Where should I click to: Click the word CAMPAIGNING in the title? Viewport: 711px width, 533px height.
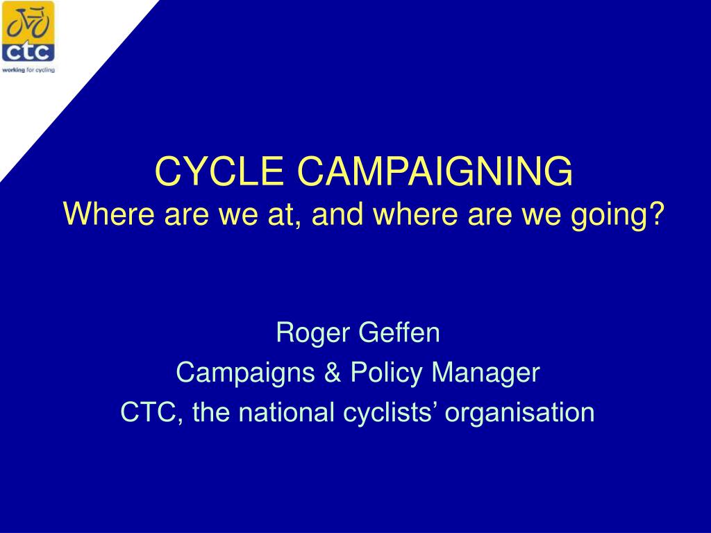point(435,171)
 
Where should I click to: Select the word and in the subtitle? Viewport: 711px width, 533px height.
point(337,214)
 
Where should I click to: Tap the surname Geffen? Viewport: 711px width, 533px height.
point(399,332)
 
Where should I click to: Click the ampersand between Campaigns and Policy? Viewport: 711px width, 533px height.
point(333,373)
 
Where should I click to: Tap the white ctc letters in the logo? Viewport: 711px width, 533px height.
point(28,51)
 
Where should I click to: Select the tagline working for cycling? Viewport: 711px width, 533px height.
point(28,70)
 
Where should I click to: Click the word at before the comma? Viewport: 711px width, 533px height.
point(280,214)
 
